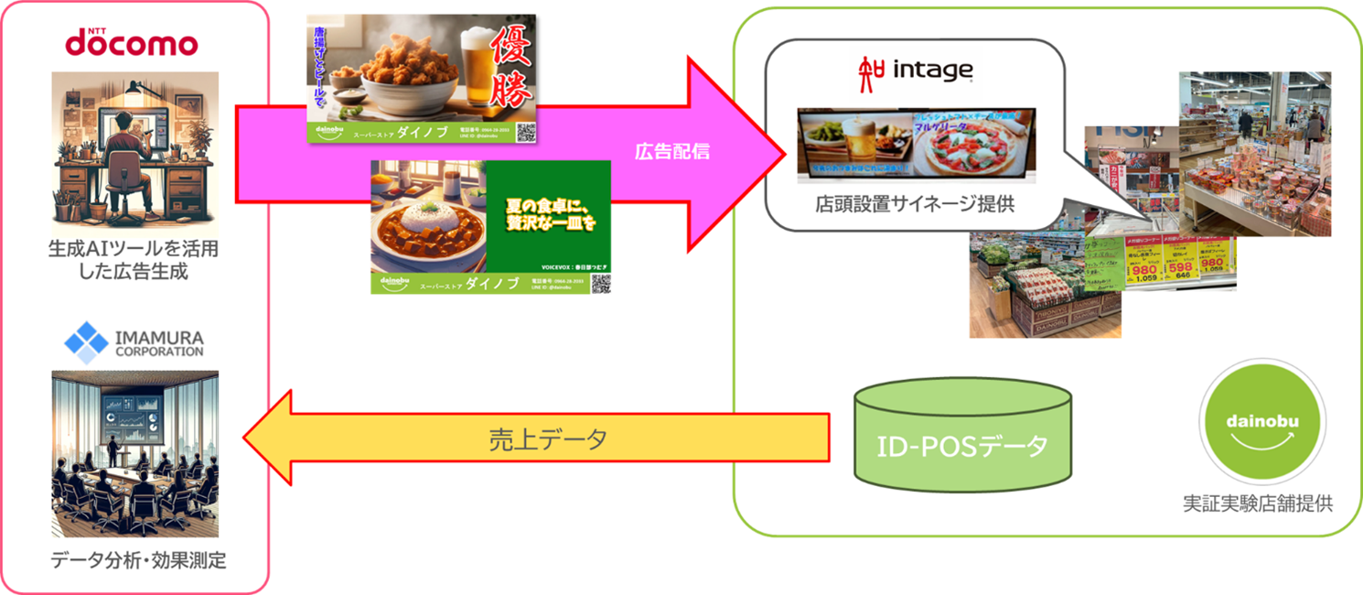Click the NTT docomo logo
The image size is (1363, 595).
click(131, 41)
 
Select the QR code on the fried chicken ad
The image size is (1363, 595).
click(525, 132)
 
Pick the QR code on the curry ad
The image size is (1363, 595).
click(600, 283)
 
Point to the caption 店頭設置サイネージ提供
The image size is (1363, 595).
click(914, 204)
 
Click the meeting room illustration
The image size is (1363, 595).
click(134, 453)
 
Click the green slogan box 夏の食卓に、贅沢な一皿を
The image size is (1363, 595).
click(548, 213)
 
